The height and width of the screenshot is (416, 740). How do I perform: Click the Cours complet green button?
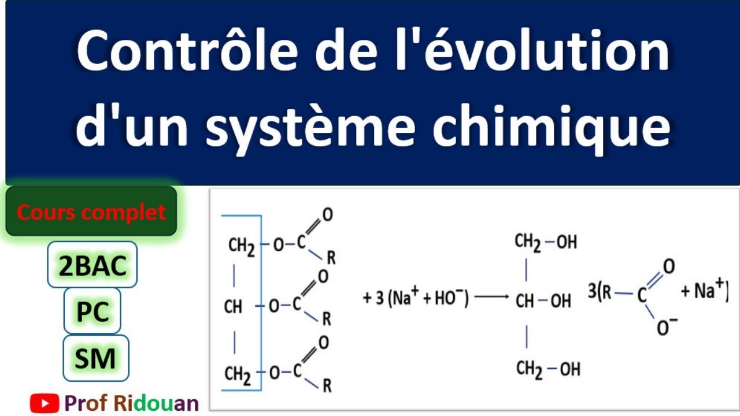click(x=91, y=212)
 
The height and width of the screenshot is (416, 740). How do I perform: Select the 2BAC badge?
click(x=92, y=265)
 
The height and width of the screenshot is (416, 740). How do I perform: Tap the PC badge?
click(x=92, y=313)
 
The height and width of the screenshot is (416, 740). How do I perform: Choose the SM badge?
click(x=95, y=358)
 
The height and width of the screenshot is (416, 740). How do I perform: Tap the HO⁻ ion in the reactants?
click(x=449, y=298)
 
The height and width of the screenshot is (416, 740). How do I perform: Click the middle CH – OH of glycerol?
click(x=543, y=301)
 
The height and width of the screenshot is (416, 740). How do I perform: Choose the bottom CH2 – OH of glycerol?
click(x=547, y=368)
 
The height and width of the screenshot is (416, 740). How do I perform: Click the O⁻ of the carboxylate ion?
click(x=667, y=328)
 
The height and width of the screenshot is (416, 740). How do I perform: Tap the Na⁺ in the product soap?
click(x=708, y=290)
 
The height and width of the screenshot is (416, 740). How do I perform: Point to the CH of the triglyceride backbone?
click(x=233, y=307)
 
